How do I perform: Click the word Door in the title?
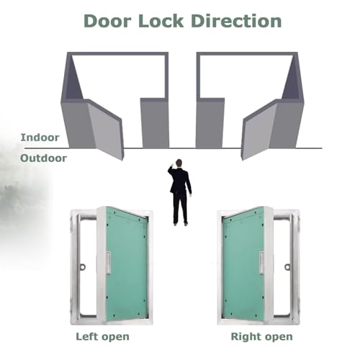[x=107, y=21]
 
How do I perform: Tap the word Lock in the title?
[x=161, y=21]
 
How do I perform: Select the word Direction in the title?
[x=236, y=21]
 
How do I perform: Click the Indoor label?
[x=40, y=138]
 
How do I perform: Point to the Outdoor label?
[x=43, y=158]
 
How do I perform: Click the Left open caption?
[x=102, y=337]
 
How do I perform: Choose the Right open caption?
[x=261, y=337]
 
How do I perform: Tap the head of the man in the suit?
[x=179, y=163]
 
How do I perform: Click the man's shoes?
[x=180, y=224]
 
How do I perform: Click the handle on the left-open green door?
[x=108, y=263]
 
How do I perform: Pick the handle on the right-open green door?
[x=261, y=263]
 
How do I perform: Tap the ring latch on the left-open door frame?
[x=83, y=266]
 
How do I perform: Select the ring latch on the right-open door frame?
[x=287, y=266]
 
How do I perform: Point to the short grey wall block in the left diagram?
[x=155, y=123]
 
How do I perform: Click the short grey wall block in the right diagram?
[x=210, y=123]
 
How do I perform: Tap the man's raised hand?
[x=172, y=165]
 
